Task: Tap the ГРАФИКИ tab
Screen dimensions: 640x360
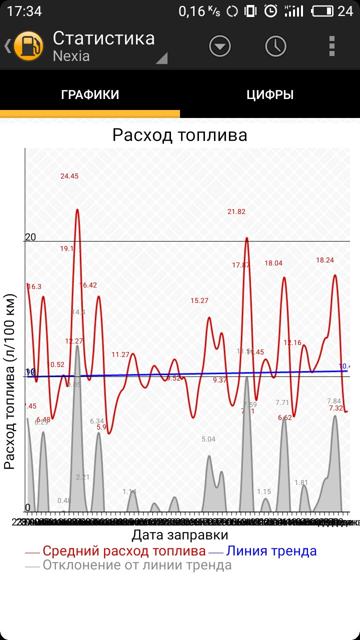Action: coord(90,95)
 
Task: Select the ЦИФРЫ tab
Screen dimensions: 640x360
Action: coord(270,95)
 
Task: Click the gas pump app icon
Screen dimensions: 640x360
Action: coord(28,46)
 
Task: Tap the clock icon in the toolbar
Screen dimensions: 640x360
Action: coord(275,46)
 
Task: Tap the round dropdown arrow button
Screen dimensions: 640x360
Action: coord(220,46)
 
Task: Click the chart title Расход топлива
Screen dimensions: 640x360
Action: coord(179,135)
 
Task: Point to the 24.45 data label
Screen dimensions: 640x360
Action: coord(69,176)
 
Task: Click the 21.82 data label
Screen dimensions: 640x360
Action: coord(236,211)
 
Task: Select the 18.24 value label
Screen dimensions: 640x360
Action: coord(325,260)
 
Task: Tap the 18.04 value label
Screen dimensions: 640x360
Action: coord(273,263)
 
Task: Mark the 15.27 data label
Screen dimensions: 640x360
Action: coord(199,300)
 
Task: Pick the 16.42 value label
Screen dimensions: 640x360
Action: coord(88,285)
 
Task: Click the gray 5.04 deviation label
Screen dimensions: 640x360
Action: coord(208,439)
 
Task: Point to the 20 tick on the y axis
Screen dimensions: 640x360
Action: coord(30,237)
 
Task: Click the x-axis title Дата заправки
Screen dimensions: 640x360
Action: coord(180,535)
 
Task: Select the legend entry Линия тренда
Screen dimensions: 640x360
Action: coord(271,551)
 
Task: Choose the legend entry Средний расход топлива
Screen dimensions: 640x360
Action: coord(124,551)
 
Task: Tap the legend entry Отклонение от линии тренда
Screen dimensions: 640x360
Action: coord(137,565)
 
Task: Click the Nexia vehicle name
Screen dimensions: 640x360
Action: coord(71,55)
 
